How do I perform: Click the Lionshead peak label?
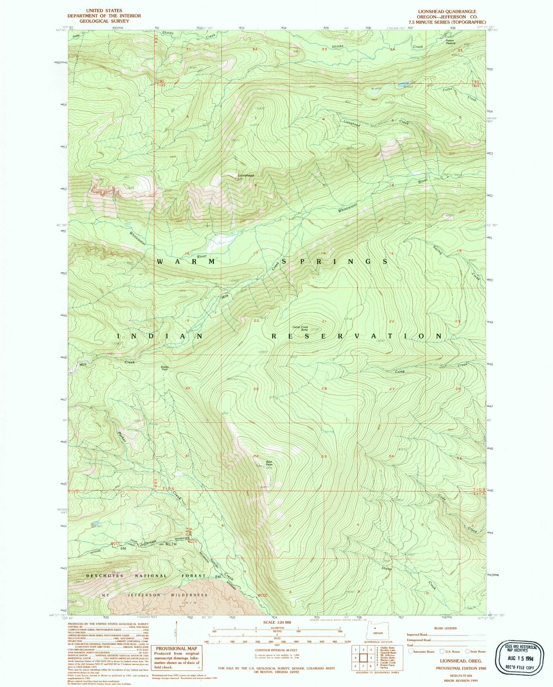pos(246,175)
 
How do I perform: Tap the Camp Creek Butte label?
pos(300,328)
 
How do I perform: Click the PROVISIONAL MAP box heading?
pos(176,648)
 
